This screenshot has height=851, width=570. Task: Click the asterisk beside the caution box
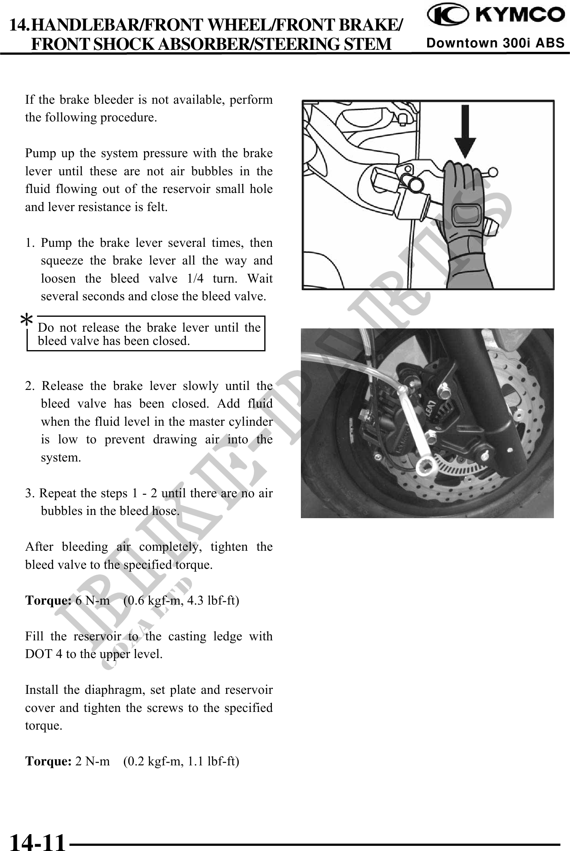click(27, 321)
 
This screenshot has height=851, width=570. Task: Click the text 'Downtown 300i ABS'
click(496, 43)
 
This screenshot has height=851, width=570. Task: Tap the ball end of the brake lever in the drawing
click(493, 172)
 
